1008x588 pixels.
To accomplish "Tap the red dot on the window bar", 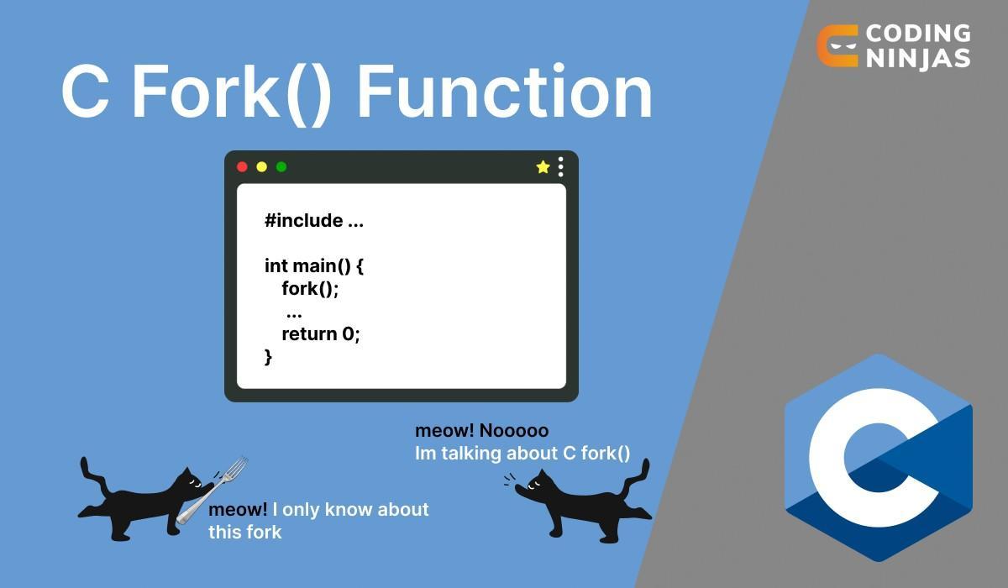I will tap(243, 167).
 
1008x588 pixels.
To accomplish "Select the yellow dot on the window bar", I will tap(262, 167).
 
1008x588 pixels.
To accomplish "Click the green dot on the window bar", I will tap(281, 167).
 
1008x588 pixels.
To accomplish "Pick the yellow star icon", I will tap(543, 167).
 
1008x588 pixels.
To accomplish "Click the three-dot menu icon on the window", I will tap(561, 167).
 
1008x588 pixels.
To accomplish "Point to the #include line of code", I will tap(314, 221).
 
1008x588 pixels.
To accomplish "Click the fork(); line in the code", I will tap(310, 289).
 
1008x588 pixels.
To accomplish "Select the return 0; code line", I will tap(320, 333).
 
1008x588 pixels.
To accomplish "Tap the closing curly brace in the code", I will tap(269, 356).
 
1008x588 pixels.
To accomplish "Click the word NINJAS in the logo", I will tap(917, 58).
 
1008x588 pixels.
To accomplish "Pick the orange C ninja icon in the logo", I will tap(837, 45).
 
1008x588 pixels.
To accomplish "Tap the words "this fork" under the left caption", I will tap(245, 532).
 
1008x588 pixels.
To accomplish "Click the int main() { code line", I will tap(314, 266).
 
